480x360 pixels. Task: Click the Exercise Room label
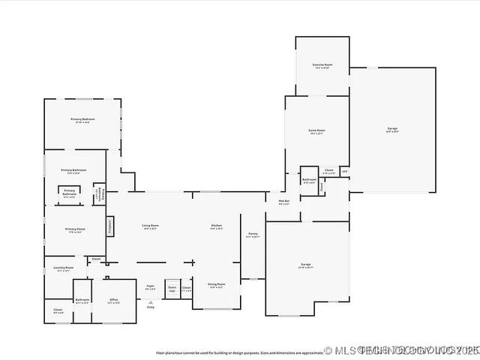[x=322, y=65]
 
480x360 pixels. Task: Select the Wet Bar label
[x=284, y=202]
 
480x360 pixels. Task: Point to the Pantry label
[x=253, y=234]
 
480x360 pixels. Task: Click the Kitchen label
[x=216, y=226]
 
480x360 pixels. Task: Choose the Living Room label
[x=151, y=226]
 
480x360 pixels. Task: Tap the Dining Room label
[x=216, y=284]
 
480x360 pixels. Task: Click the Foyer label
[x=150, y=286]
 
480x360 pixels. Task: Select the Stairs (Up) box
[x=172, y=288]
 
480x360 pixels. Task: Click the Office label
[x=114, y=301]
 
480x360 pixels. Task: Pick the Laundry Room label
[x=64, y=268]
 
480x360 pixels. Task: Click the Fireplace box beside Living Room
[x=110, y=224]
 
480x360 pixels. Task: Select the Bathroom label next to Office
[x=82, y=301]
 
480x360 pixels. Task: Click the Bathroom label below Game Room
[x=309, y=180]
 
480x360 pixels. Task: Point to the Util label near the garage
[x=344, y=171]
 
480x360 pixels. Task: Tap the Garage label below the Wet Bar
[x=306, y=265]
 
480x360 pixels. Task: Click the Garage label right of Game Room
[x=391, y=129]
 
